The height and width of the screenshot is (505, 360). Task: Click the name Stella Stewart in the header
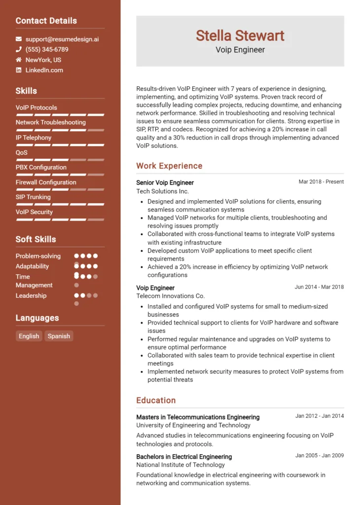[x=240, y=36]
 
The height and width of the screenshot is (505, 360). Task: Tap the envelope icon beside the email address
[x=19, y=39]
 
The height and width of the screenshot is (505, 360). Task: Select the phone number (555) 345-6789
[x=47, y=49]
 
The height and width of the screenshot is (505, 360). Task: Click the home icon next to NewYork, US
[x=19, y=60]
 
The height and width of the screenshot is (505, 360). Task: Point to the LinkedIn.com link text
[x=44, y=70]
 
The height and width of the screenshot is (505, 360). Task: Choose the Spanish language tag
[x=59, y=336]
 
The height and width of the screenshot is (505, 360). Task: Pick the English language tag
[x=29, y=336]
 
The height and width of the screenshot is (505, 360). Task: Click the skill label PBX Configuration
[x=41, y=167]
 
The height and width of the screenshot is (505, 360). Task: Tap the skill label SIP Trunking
[x=33, y=197]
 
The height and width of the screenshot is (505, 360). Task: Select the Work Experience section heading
[x=169, y=166]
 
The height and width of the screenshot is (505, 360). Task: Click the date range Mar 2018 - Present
[x=321, y=181]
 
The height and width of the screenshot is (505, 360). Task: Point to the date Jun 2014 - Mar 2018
[x=319, y=287]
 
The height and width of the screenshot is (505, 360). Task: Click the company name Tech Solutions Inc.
[x=162, y=191]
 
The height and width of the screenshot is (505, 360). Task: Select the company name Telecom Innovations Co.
[x=170, y=296]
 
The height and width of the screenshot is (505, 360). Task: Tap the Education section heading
[x=156, y=400]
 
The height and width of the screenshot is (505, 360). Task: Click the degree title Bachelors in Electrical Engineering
[x=184, y=457]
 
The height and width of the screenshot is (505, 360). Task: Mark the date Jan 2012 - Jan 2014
[x=320, y=416]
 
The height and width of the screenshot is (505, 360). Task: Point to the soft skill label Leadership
[x=31, y=295]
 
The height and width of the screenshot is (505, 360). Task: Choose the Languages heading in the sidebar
[x=37, y=318]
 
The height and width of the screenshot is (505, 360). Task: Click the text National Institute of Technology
[x=180, y=465]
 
